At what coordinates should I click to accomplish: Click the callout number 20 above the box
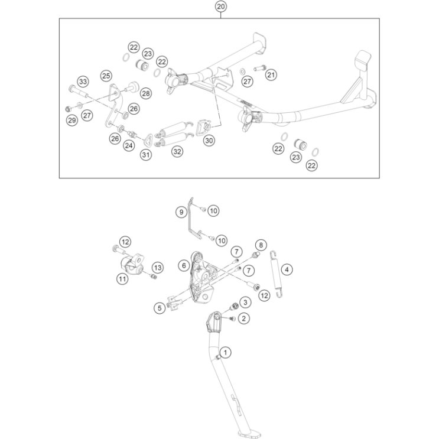pos(220,6)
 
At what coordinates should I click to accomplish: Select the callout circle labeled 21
pos(271,75)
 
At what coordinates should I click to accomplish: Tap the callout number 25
pos(106,76)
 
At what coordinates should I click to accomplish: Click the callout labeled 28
pos(146,93)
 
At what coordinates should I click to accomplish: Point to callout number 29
pos(72,120)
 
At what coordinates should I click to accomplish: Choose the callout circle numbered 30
pos(209,140)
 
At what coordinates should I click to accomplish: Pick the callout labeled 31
pos(145,155)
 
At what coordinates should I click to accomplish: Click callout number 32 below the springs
pos(177,151)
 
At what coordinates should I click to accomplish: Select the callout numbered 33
pos(83,82)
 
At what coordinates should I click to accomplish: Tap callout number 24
pos(129,145)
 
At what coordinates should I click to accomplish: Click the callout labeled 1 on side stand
pos(225,352)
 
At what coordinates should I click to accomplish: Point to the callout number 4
pos(287,269)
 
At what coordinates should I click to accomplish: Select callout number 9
pos(181,212)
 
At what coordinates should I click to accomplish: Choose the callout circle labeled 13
pos(158,268)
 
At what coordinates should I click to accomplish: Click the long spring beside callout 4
pos(276,274)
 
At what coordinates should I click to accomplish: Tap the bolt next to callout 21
pos(260,68)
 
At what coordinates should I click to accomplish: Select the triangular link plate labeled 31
pos(148,139)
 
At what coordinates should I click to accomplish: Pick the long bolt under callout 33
pos(78,91)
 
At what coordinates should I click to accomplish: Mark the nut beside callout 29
pos(67,109)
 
